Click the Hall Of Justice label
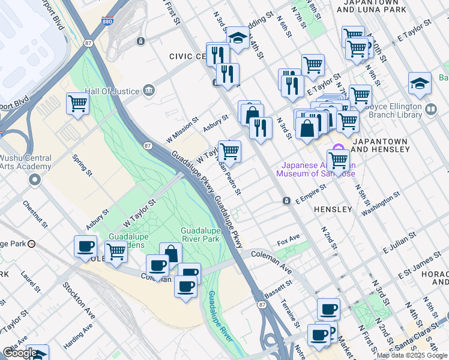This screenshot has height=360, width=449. pyautogui.click(x=111, y=91)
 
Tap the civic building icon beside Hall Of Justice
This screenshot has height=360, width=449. pyautogui.click(x=149, y=91)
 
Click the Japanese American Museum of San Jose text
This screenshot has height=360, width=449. pyautogui.click(x=315, y=169)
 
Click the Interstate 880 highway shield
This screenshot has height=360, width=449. pyautogui.click(x=106, y=20)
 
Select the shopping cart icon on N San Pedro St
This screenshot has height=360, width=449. pyautogui.click(x=229, y=151)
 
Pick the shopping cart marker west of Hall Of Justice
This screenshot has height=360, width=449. pyautogui.click(x=78, y=104)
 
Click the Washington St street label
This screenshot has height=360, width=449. pyautogui.click(x=381, y=203)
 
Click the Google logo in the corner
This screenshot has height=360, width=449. pyautogui.click(x=19, y=353)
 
